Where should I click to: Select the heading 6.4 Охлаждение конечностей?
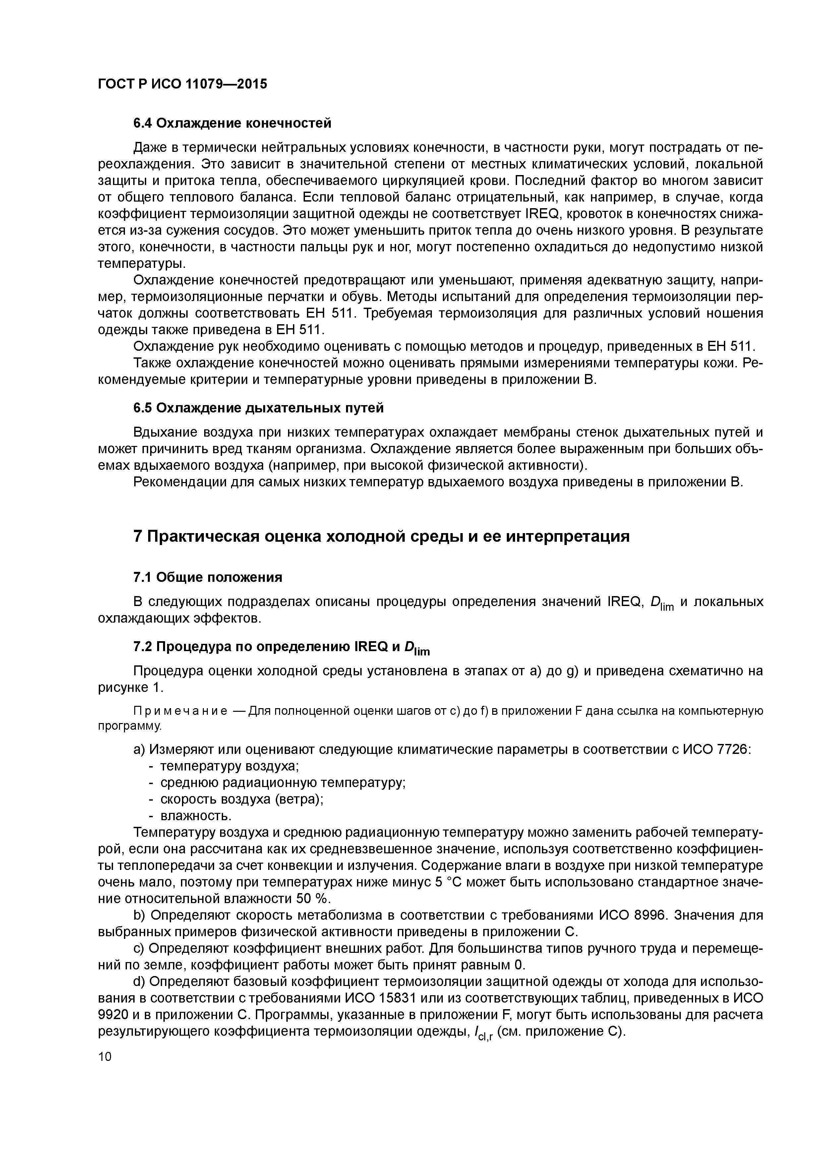[x=232, y=123]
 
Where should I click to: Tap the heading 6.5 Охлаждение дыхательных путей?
[x=258, y=408]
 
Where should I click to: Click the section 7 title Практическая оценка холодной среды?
[x=381, y=536]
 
